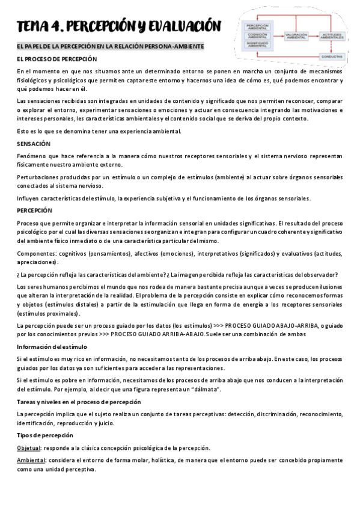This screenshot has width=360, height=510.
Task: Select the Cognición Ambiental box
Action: click(x=257, y=35)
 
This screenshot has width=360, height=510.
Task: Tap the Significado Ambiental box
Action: click(x=257, y=44)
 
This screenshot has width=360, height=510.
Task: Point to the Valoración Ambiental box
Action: click(x=296, y=35)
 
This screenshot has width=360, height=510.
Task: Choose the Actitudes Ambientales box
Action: click(x=332, y=35)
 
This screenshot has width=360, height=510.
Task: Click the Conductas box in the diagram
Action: click(x=332, y=56)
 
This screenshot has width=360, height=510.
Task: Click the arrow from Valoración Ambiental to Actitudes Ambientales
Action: click(x=314, y=35)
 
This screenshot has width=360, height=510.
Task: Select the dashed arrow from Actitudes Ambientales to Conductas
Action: click(x=332, y=46)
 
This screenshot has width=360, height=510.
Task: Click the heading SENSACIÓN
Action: click(x=34, y=144)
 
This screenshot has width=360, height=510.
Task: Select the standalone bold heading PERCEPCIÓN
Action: click(x=35, y=210)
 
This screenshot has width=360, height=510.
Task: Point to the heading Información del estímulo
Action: click(x=52, y=347)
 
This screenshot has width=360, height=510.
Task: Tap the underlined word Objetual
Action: click(x=29, y=448)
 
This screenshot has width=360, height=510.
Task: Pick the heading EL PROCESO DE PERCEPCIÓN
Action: click(x=56, y=59)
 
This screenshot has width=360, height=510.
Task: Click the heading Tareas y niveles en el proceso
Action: click(x=79, y=402)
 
